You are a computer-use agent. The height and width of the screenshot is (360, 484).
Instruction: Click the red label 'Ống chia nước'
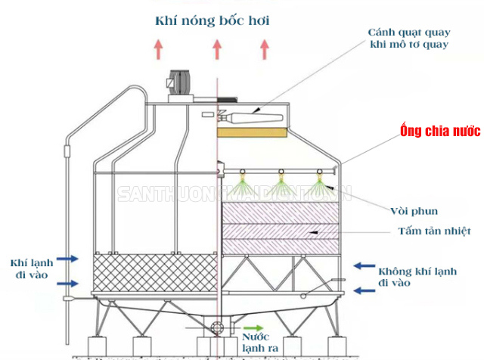pos(430,131)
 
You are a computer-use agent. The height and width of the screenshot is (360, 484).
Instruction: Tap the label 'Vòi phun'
pos(416,209)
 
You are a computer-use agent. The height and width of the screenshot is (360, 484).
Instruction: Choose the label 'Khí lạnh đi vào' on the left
pos(29,268)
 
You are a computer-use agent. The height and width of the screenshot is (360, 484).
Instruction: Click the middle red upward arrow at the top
pos(217,49)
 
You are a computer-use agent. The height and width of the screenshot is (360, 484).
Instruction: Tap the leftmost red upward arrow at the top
pos(159,49)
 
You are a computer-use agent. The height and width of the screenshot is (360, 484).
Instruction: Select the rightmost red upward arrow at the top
pos(265,49)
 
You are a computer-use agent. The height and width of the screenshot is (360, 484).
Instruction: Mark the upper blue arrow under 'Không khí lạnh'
pos(365,265)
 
